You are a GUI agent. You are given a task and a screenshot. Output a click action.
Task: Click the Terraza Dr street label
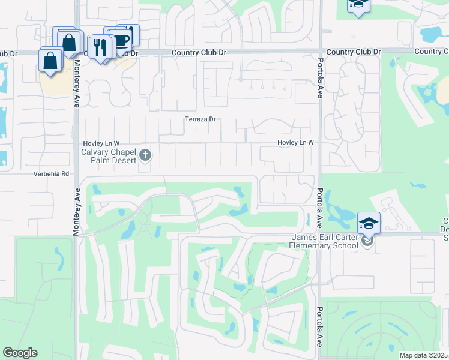[200, 119]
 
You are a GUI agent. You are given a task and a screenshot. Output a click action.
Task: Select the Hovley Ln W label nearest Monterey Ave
[101, 143]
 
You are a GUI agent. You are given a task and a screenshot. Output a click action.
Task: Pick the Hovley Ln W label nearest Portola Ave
[296, 142]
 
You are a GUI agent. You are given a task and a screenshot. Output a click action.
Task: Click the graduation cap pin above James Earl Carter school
[369, 223]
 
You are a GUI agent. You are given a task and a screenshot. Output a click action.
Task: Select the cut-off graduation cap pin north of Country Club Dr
[358, 5]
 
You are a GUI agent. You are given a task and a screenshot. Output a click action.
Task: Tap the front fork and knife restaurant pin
[100, 47]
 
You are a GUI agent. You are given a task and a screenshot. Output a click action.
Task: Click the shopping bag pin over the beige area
[50, 61]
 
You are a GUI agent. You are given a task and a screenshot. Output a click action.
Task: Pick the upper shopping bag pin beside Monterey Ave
[70, 43]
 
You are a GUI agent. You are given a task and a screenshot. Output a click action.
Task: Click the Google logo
[20, 353]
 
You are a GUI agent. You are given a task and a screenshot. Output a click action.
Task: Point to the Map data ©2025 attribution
[423, 355]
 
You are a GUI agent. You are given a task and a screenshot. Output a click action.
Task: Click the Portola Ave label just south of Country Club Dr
[319, 74]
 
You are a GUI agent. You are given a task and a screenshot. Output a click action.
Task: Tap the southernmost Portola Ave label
[318, 329]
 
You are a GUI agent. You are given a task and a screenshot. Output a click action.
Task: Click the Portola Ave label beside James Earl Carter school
[318, 208]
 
